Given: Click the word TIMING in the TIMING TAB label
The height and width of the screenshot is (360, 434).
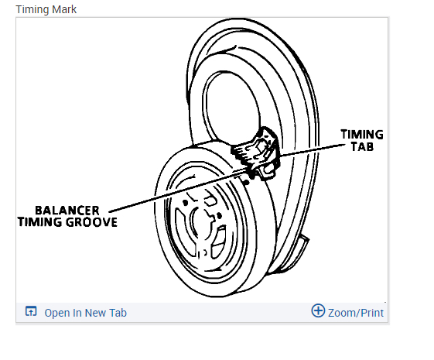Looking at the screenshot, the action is coord(362,135).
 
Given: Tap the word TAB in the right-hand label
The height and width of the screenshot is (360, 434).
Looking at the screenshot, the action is coord(362,146).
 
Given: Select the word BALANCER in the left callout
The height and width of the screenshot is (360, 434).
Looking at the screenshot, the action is coord(67,211).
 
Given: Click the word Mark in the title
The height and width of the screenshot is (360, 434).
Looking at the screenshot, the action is coord(64,9).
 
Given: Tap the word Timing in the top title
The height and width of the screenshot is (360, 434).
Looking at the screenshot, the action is coord(32,10).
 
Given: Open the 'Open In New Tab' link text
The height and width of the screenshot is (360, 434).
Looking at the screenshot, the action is coord(86,313).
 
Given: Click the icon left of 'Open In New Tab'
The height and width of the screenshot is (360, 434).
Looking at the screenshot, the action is coord(31,311).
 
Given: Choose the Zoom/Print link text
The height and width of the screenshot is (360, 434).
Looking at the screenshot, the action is coord(356,313).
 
